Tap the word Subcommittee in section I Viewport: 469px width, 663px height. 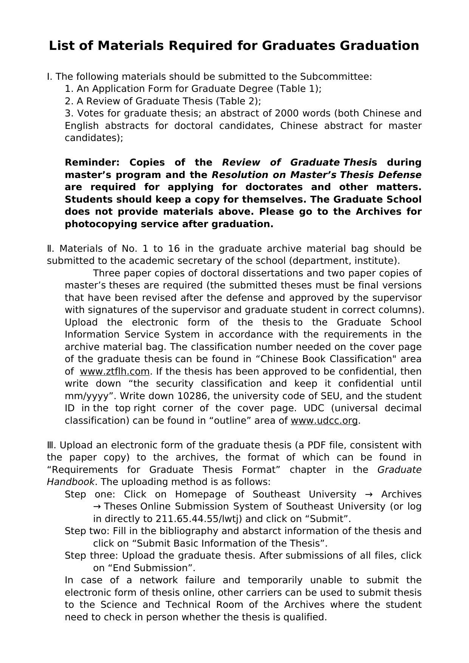point(335,77)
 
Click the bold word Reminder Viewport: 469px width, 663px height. point(92,163)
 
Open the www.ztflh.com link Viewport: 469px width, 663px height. point(115,372)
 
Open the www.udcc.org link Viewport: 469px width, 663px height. point(324,421)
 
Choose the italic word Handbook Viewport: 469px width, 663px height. point(70,482)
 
